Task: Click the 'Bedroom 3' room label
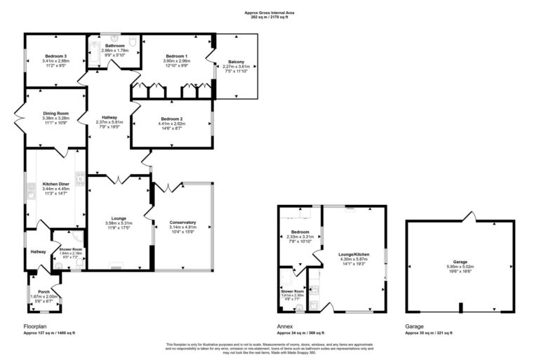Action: (54, 55)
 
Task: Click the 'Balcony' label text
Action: (235, 61)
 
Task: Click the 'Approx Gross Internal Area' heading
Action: (269, 12)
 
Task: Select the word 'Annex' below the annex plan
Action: (285, 327)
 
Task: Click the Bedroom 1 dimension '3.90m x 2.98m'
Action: (176, 60)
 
